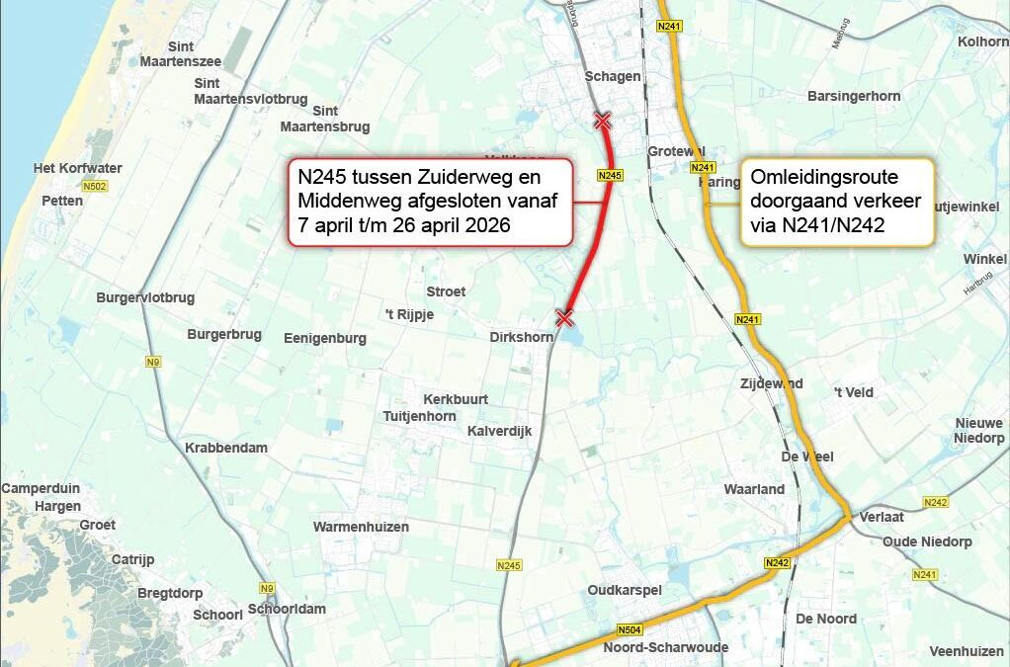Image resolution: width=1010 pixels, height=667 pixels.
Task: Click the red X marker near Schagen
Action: (602, 122)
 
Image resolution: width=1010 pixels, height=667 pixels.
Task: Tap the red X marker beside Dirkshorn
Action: (564, 317)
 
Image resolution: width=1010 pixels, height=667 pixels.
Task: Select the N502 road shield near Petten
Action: (96, 186)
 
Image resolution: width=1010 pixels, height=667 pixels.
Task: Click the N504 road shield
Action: (629, 629)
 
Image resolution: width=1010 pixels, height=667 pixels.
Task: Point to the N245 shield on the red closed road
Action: (611, 175)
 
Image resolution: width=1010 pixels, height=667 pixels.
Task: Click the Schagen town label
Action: (613, 76)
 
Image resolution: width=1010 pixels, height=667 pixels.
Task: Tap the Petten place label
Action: (62, 201)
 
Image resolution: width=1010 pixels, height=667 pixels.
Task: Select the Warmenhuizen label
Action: (361, 527)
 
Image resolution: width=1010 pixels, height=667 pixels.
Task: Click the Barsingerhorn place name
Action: (854, 96)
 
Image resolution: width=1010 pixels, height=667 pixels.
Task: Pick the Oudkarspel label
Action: (625, 590)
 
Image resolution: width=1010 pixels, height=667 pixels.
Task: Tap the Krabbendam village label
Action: (226, 448)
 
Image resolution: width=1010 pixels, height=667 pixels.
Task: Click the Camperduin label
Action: (41, 488)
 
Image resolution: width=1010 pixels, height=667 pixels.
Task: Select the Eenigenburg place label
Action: (325, 338)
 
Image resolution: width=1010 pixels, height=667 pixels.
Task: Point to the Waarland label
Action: (754, 489)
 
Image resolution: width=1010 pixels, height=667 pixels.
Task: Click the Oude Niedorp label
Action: (927, 542)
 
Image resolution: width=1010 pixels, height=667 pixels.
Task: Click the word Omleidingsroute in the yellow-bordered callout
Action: (824, 178)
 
